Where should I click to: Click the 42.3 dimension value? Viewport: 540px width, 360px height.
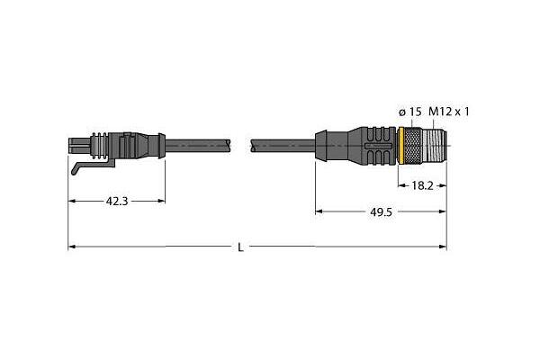117,202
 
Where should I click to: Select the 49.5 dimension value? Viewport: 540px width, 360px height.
381,212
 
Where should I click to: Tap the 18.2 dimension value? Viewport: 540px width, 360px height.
422,186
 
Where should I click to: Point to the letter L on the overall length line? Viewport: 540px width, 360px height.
240,247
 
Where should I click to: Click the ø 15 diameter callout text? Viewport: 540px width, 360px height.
409,112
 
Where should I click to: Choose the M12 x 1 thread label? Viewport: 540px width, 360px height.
449,112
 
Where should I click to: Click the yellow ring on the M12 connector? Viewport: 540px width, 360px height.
400,146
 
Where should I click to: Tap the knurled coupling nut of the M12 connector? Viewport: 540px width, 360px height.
412,146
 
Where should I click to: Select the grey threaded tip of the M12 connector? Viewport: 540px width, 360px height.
434,146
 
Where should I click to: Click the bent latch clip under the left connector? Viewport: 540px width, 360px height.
93,166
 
